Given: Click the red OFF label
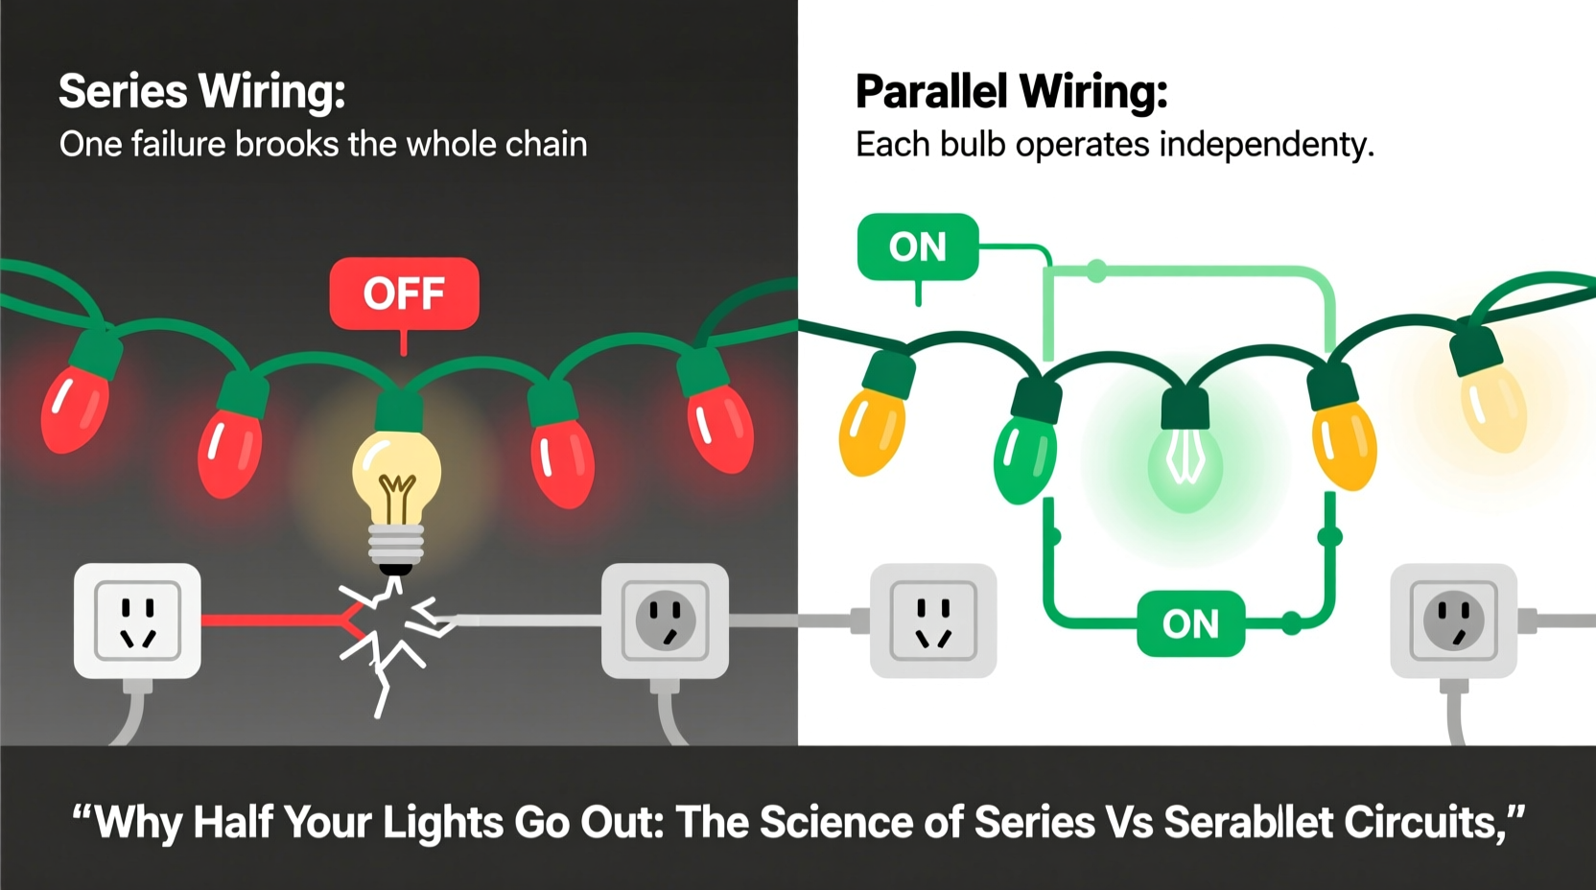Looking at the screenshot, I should click(x=404, y=293).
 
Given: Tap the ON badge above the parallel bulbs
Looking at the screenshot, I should click(x=918, y=247).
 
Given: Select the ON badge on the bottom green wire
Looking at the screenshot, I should click(x=1190, y=624).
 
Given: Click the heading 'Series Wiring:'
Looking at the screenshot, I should click(x=201, y=92).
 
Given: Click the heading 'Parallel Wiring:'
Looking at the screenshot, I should click(x=1011, y=92).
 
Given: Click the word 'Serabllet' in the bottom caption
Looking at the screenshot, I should click(x=1248, y=823).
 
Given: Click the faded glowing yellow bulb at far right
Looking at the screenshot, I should click(x=1492, y=408).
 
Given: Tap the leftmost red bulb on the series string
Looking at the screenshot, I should click(x=74, y=408).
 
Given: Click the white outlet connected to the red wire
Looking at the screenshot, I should click(x=137, y=621).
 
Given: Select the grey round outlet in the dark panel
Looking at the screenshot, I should click(x=665, y=621).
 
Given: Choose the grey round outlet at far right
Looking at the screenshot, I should click(x=1453, y=621).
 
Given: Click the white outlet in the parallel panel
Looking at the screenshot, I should click(x=932, y=621).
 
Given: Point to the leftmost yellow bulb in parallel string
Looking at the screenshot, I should click(x=871, y=430).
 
